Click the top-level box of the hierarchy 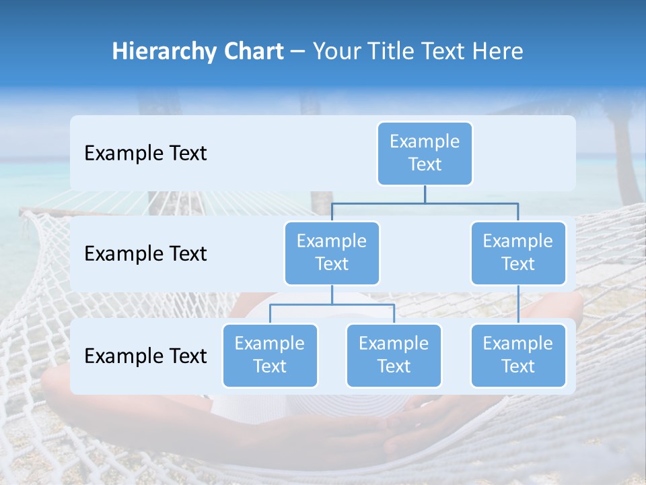coord(425,154)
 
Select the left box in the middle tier coord(332,253)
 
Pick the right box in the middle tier coord(518,253)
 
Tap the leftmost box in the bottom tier coord(270,356)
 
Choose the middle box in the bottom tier coord(394,356)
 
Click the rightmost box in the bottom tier coord(518,356)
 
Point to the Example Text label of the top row coord(145,154)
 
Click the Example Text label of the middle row coord(145,254)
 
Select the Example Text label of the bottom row coord(145,356)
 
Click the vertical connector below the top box coord(425,194)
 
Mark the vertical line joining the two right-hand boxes coord(518,304)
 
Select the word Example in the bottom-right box coord(518,344)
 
